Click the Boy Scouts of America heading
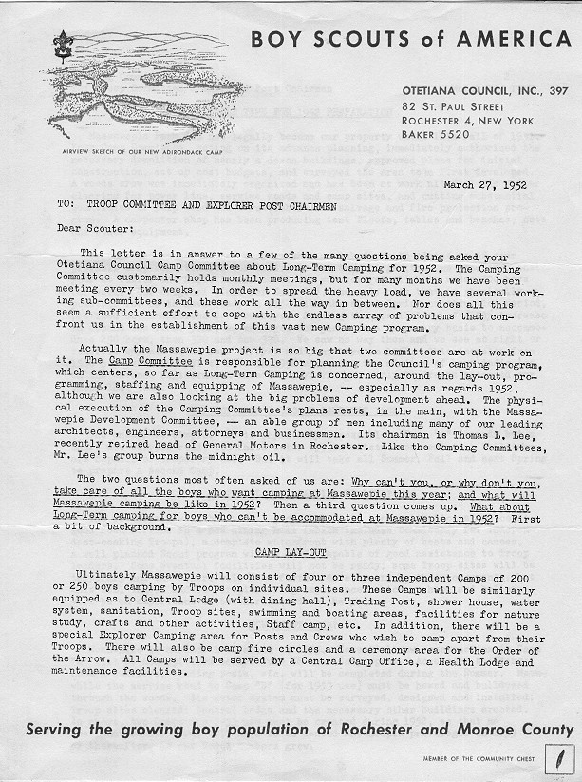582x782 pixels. coord(411,39)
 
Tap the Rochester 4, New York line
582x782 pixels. coord(469,121)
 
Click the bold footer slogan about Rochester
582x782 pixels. coord(300,730)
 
